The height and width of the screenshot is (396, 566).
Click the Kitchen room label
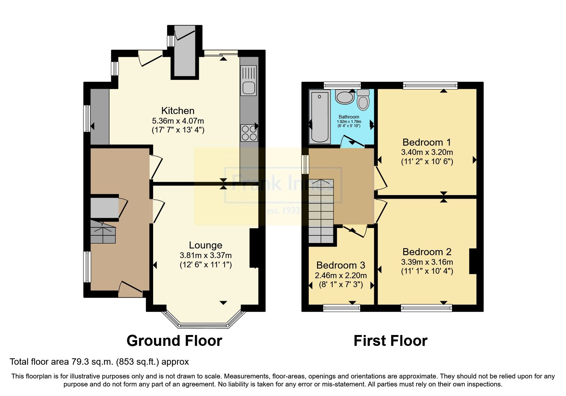click(x=178, y=111)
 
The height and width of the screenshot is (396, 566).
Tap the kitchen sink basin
click(x=249, y=88)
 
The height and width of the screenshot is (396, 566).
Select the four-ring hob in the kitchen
click(x=249, y=133)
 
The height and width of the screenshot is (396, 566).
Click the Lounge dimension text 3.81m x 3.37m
click(x=205, y=255)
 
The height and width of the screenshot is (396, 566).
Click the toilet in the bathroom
click(x=363, y=100)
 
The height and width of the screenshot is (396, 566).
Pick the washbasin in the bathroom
click(x=345, y=97)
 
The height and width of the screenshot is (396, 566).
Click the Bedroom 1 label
click(x=427, y=142)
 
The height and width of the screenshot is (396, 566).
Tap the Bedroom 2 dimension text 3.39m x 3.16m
click(x=427, y=262)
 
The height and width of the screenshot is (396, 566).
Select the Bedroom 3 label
click(x=341, y=265)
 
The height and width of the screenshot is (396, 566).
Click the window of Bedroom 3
click(x=341, y=308)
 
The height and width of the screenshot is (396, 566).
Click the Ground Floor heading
click(x=174, y=341)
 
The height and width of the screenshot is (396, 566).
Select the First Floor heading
click(x=390, y=341)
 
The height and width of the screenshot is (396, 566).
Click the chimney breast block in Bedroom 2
click(x=473, y=261)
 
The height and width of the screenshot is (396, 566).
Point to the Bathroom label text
click(x=349, y=117)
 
